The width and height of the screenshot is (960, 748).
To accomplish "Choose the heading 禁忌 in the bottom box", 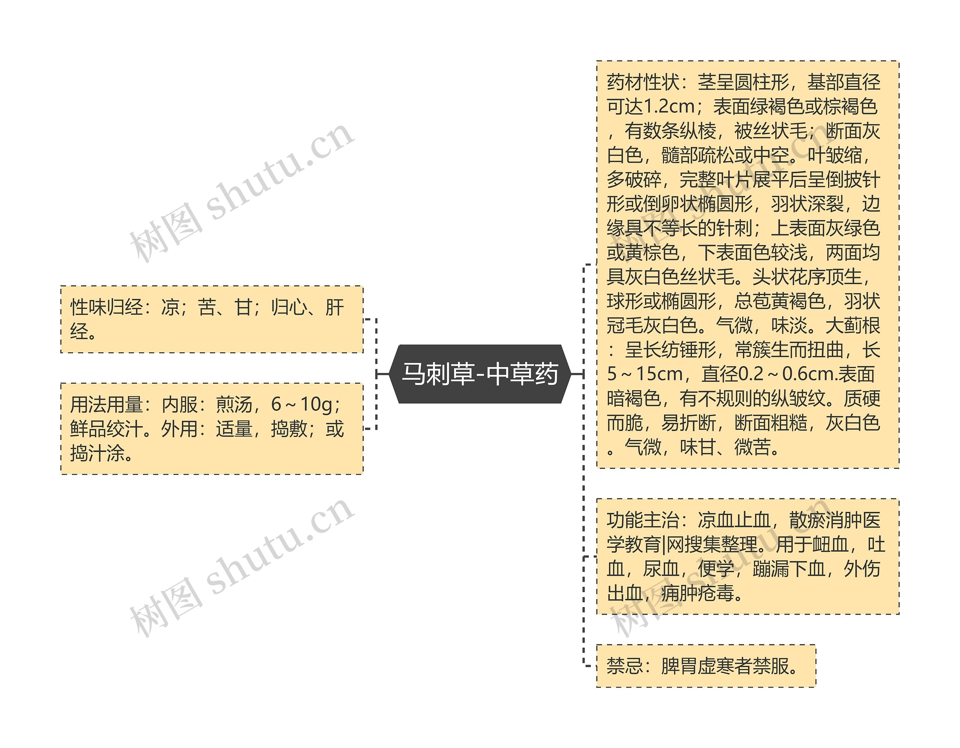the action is tap(624, 666).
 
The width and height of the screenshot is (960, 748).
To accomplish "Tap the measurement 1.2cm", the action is tap(669, 106).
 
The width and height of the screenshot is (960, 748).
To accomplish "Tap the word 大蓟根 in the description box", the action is tap(853, 325).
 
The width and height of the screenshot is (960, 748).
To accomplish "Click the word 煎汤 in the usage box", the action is tap(234, 404).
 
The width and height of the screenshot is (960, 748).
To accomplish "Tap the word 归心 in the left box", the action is tap(288, 307).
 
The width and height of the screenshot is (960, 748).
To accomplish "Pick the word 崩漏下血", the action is tap(789, 569).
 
